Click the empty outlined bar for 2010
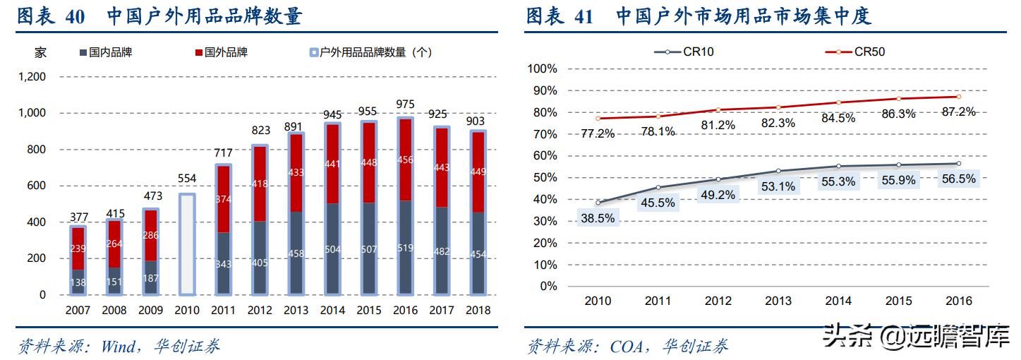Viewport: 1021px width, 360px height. click(186, 244)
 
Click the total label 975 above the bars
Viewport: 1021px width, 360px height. click(404, 103)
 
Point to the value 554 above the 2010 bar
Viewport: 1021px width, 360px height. click(186, 181)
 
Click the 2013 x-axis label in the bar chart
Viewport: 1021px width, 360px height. click(296, 310)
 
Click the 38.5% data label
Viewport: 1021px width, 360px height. click(598, 218)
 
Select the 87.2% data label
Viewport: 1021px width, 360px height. click(957, 112)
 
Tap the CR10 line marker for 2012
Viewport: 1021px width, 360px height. click(718, 179)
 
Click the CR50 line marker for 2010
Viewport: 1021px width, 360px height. click(598, 118)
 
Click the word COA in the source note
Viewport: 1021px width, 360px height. click(625, 346)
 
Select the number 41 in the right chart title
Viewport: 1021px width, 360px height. click(584, 16)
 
